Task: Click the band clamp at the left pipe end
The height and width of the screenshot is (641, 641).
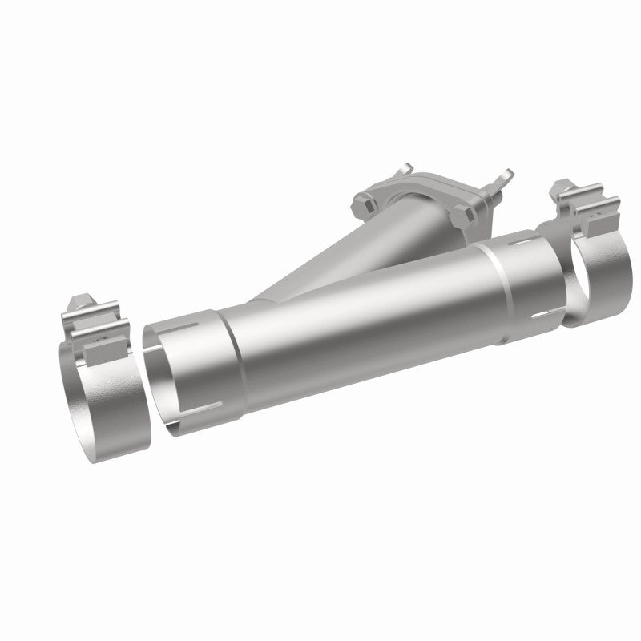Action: [x=96, y=377]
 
